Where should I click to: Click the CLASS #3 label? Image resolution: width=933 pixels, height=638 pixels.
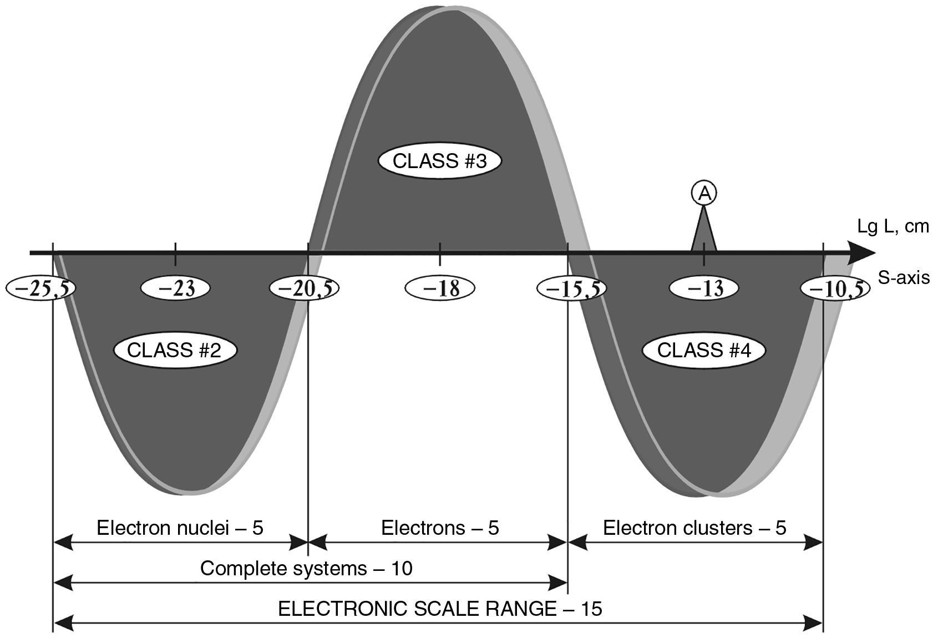coord(439,161)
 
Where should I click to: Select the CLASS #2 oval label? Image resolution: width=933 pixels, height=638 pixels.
coord(175,350)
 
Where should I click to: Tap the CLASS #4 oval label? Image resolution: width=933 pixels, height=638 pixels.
coord(704,350)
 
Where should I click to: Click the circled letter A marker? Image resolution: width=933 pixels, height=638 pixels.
coord(704,193)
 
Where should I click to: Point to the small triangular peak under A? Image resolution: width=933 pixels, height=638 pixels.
coord(704,233)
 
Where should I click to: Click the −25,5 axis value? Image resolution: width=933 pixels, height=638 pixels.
coord(40,288)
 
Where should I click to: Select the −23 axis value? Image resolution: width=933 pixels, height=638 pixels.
coord(175,288)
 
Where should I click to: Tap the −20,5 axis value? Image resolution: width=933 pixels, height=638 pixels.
coord(304,288)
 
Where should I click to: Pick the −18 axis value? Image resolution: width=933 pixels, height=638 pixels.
coord(440,288)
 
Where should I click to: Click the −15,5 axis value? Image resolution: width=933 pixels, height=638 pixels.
coord(571,288)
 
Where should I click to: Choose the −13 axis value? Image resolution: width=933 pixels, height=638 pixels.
coord(704,288)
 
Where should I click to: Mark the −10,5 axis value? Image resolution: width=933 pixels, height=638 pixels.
coord(835,288)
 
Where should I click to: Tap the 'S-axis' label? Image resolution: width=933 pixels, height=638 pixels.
coord(904,277)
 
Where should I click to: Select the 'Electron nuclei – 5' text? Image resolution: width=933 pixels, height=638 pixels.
coord(180,528)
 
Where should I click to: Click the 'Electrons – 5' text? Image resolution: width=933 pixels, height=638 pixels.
coord(440,528)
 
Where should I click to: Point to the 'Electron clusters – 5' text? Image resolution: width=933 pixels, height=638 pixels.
coord(694,528)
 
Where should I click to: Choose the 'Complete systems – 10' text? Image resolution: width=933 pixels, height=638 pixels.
coord(306,569)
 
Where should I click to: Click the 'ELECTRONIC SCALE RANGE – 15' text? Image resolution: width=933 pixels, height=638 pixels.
coord(440,609)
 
